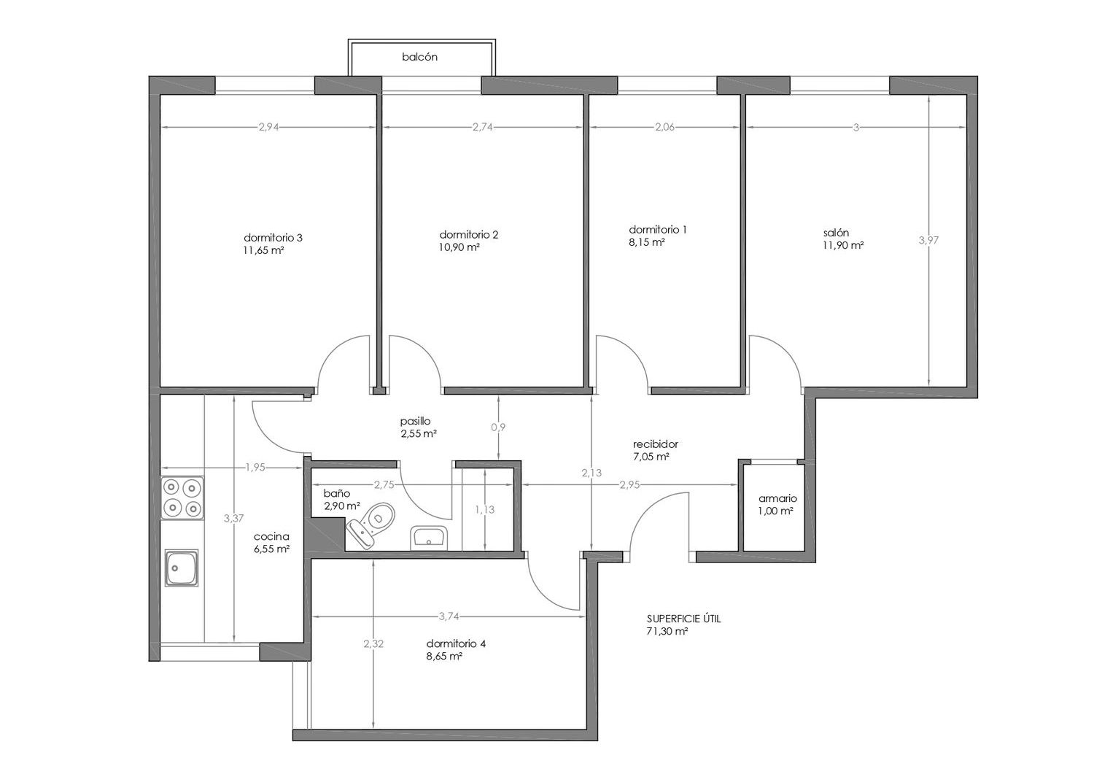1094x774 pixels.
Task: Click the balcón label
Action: point(419,57)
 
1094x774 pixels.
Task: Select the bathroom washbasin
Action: point(429,538)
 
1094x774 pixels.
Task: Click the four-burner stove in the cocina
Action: point(182,498)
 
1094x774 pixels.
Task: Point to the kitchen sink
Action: point(182,568)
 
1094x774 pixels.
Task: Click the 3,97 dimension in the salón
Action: point(928,240)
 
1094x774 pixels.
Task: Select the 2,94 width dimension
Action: point(268,127)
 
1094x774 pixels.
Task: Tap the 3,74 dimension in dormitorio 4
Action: point(449,616)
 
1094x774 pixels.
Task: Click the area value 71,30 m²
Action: point(667,631)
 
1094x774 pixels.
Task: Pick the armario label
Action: point(777,498)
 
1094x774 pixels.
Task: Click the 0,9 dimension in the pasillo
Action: point(497,427)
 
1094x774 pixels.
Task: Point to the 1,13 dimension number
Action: point(484,509)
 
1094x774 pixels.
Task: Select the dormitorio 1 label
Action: point(657,229)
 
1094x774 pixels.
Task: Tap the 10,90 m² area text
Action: point(459,247)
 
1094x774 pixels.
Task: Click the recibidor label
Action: point(656,444)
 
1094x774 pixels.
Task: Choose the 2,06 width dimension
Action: point(664,127)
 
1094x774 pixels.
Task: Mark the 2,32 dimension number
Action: point(373,643)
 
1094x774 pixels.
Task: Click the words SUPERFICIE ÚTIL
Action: point(684,619)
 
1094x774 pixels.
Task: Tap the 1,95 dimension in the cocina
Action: point(255,467)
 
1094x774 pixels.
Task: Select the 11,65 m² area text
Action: point(264,250)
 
